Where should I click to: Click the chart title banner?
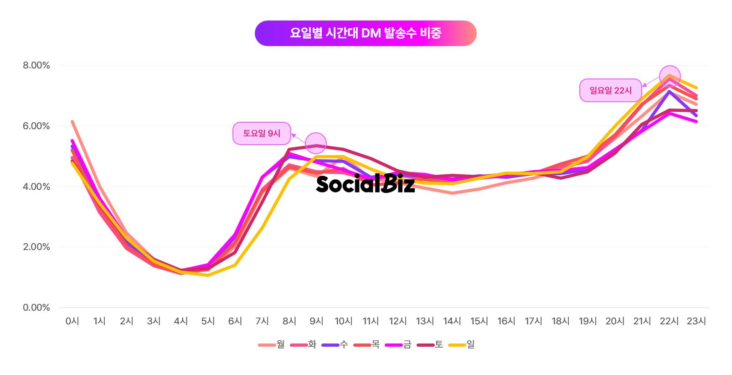click(x=366, y=33)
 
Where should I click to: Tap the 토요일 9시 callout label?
click(x=262, y=133)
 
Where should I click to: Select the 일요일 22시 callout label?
click(x=610, y=90)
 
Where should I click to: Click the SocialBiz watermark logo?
click(x=365, y=183)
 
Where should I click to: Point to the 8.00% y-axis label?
click(x=36, y=65)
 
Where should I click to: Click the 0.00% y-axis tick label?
click(x=36, y=307)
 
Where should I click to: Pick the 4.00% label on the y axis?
click(x=36, y=187)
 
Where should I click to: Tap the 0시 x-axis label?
click(x=72, y=321)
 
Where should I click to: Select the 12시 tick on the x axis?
click(x=398, y=321)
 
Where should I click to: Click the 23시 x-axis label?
click(x=696, y=321)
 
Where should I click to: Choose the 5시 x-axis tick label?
click(x=208, y=321)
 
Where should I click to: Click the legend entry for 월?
click(x=272, y=344)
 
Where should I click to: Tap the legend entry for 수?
click(x=335, y=344)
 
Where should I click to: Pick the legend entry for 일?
click(x=462, y=344)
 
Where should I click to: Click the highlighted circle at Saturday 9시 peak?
click(x=316, y=143)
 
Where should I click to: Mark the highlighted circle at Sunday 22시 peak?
click(x=670, y=76)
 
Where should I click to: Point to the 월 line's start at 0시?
click(x=72, y=121)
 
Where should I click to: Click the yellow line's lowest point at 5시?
click(x=208, y=275)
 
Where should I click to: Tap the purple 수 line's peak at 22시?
click(x=669, y=91)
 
